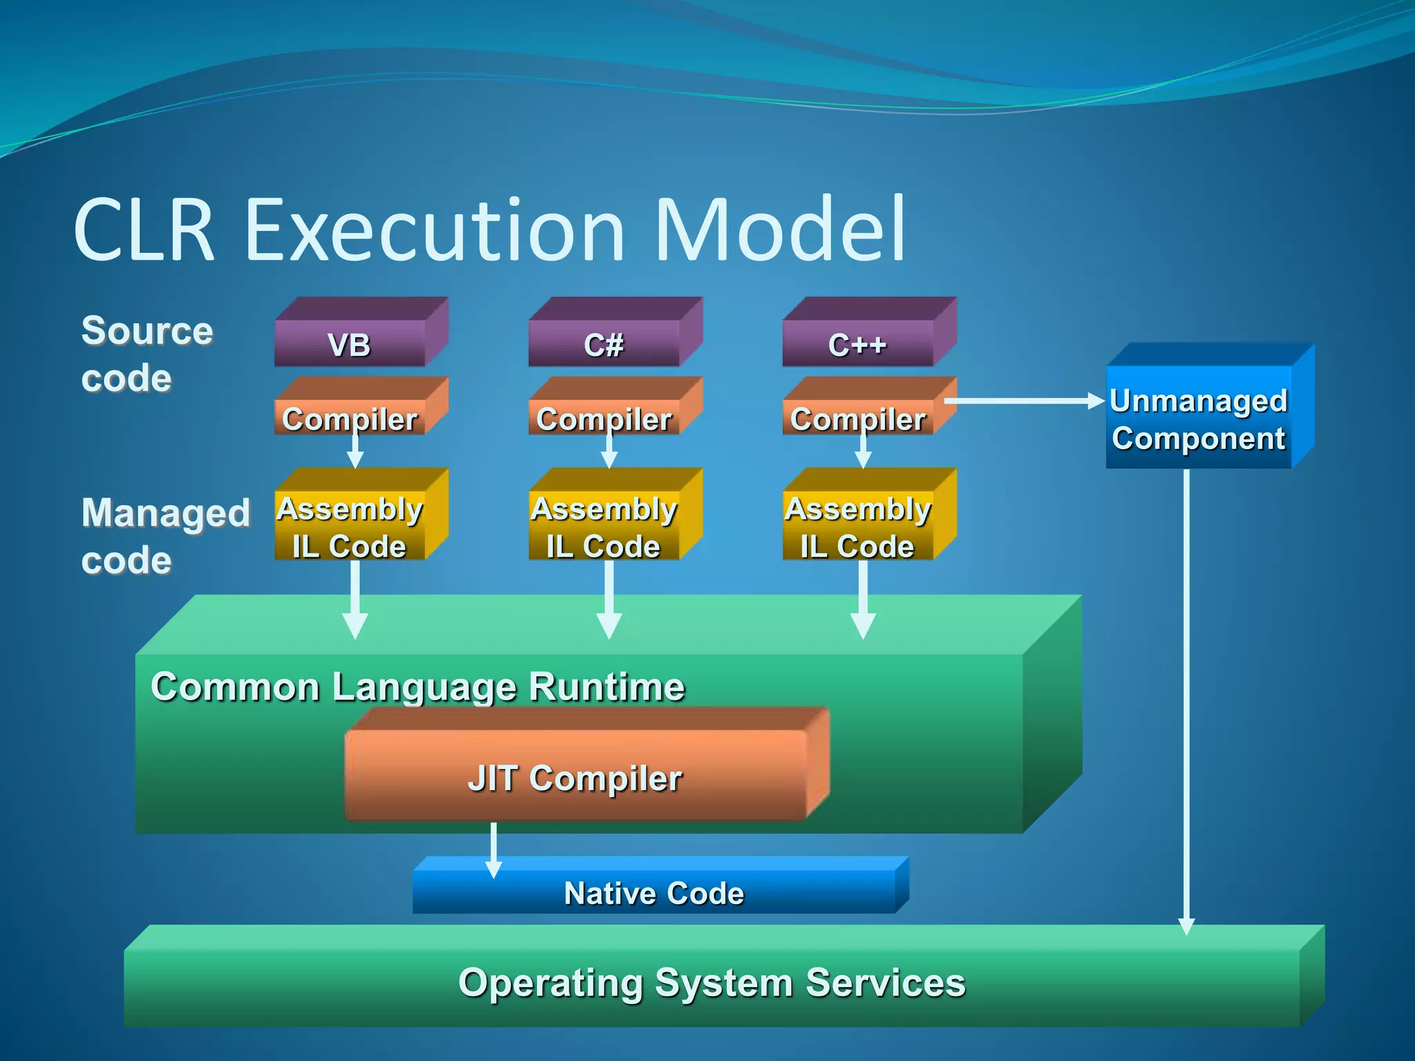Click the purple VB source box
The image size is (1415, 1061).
click(x=350, y=343)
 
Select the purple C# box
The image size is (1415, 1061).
click(x=604, y=343)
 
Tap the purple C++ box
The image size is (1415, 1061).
click(x=857, y=343)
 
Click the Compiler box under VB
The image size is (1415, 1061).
click(x=350, y=417)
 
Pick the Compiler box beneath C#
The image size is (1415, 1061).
click(x=604, y=417)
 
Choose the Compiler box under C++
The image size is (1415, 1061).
click(x=857, y=417)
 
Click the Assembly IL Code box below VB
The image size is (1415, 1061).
click(x=350, y=526)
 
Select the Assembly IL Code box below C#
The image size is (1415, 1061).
click(x=604, y=526)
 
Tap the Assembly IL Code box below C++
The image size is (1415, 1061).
click(x=857, y=526)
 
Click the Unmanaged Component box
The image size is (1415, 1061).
click(x=1199, y=419)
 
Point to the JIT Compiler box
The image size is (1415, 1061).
click(x=575, y=777)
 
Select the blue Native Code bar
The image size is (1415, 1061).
click(x=654, y=892)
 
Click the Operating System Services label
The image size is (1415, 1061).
click(x=712, y=982)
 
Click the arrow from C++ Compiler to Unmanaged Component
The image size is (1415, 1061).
click(x=1023, y=401)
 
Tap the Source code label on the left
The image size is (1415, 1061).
click(x=146, y=354)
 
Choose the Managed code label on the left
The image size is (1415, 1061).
click(x=164, y=535)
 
